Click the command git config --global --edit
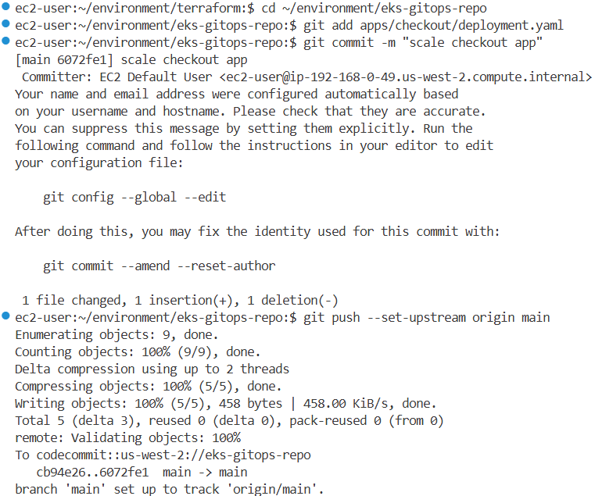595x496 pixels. pos(134,197)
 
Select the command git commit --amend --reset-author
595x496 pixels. pos(159,266)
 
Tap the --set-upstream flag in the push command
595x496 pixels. pos(423,317)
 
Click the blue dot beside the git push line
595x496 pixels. pos(6,316)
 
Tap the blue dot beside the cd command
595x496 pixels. pos(6,7)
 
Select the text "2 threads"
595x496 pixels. pos(257,369)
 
